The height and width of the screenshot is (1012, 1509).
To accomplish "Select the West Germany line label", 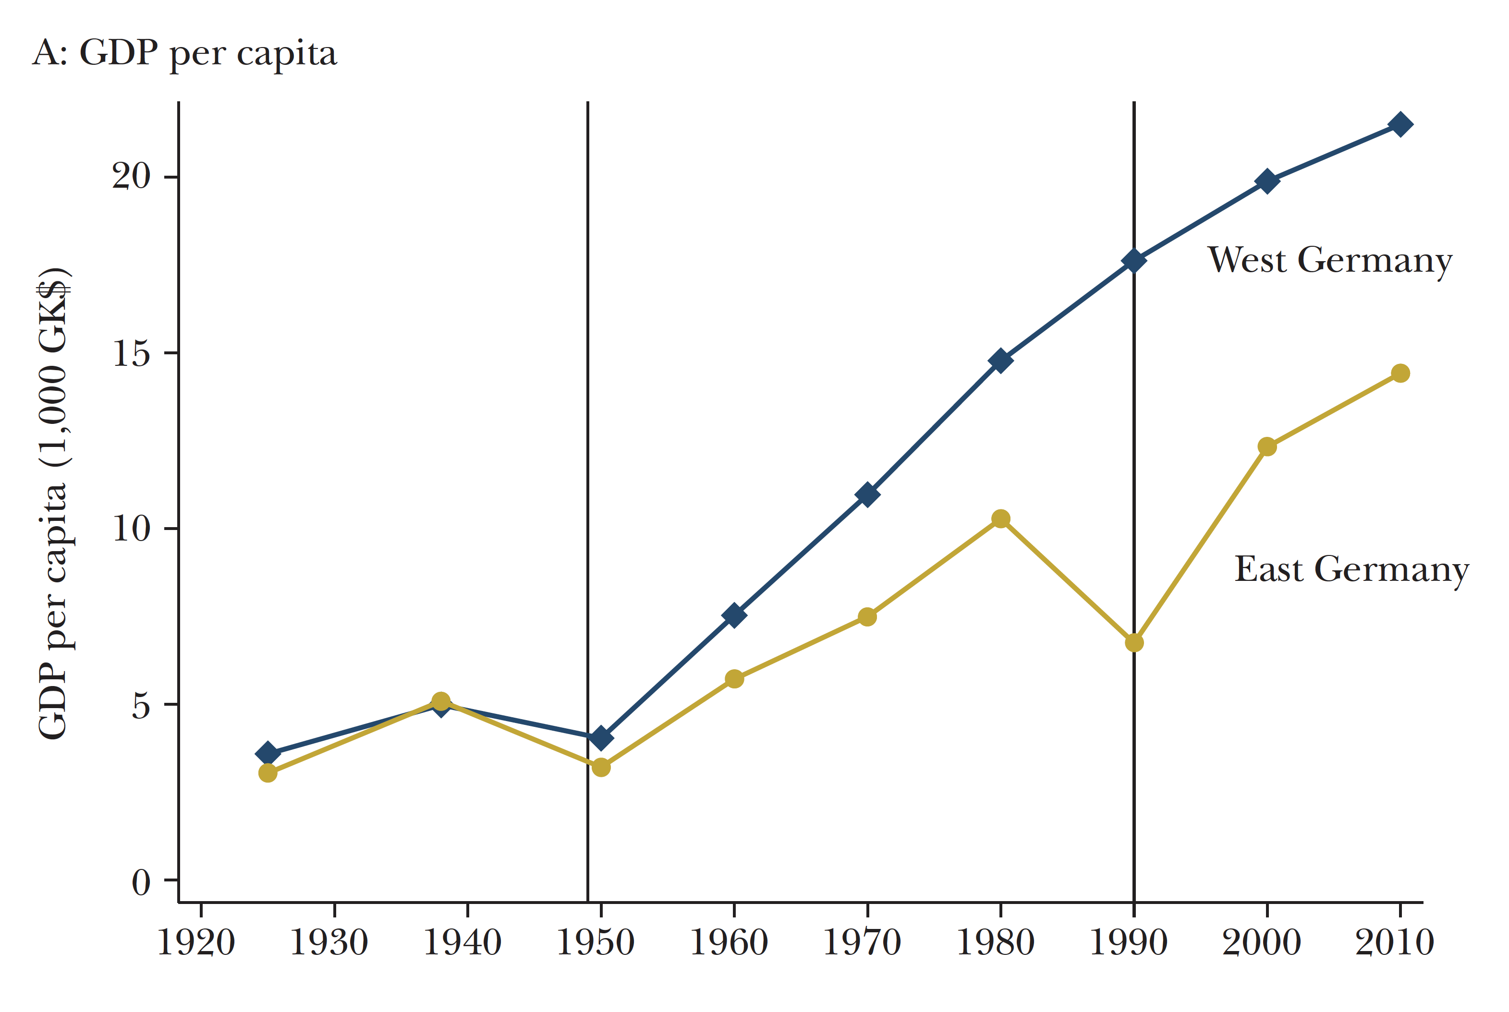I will pos(1329,261).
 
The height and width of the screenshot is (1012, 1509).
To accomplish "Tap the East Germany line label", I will pos(1351,570).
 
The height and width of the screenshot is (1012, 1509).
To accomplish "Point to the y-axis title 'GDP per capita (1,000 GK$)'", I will pos(54,504).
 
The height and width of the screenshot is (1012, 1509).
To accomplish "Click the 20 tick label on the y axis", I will pos(131,176).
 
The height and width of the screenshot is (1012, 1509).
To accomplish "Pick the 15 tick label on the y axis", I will pos(131,352).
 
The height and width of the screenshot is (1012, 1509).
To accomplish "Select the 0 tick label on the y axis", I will pos(141,881).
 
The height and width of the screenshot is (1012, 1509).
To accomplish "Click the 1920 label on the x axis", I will pos(196,943).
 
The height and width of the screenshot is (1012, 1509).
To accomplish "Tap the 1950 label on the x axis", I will pos(596,943).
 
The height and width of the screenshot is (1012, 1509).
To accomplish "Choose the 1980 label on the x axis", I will pos(995,943).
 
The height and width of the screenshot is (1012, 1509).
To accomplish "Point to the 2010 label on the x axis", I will pos(1394,943).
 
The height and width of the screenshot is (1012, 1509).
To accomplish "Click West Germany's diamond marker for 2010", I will pos(1400,124).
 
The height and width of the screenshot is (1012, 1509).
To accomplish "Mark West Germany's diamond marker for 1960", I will pos(734,615).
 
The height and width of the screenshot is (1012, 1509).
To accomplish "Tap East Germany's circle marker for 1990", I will pos(1134,643).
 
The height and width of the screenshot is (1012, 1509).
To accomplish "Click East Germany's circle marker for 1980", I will pos(1000,519).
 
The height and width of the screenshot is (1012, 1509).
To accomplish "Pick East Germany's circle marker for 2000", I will pos(1267,446).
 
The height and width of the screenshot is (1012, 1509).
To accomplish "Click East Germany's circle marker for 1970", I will pos(867,617).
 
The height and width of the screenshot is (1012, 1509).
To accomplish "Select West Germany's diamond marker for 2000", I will pos(1267,181).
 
